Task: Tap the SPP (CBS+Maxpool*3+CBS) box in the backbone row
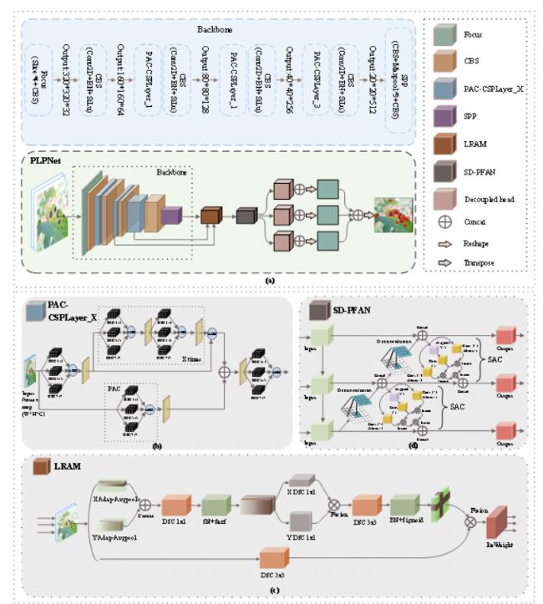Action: pos(401,75)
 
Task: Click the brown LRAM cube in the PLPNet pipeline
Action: pos(210,216)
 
